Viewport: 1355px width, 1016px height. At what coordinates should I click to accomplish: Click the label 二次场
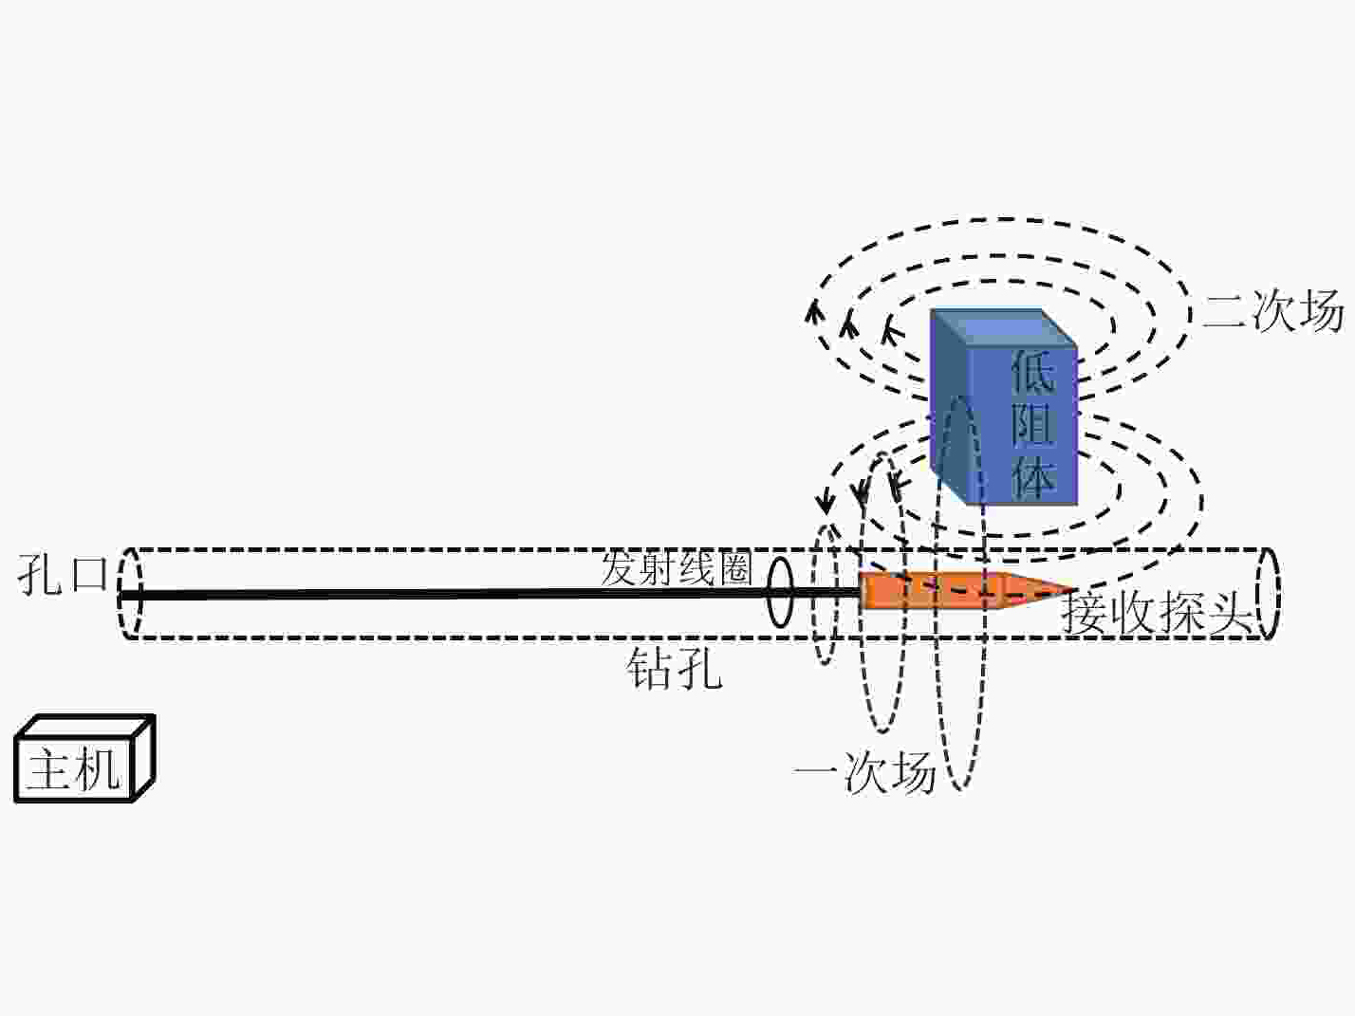tap(1272, 310)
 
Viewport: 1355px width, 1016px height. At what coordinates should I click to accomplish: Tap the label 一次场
tap(864, 771)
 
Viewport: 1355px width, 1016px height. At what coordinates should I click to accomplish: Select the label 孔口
tap(63, 574)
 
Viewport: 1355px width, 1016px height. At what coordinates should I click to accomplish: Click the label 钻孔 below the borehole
tap(674, 669)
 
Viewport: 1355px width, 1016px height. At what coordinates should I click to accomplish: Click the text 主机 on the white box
tap(74, 769)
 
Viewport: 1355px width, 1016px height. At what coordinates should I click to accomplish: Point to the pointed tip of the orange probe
tap(1073, 590)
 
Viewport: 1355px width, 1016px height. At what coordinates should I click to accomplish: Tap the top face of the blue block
tap(1004, 327)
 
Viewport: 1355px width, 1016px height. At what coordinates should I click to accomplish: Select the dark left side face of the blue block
tap(950, 407)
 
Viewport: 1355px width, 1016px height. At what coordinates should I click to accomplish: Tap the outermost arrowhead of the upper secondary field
tap(814, 311)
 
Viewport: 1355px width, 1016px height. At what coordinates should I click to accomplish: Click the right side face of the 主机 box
tap(144, 757)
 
